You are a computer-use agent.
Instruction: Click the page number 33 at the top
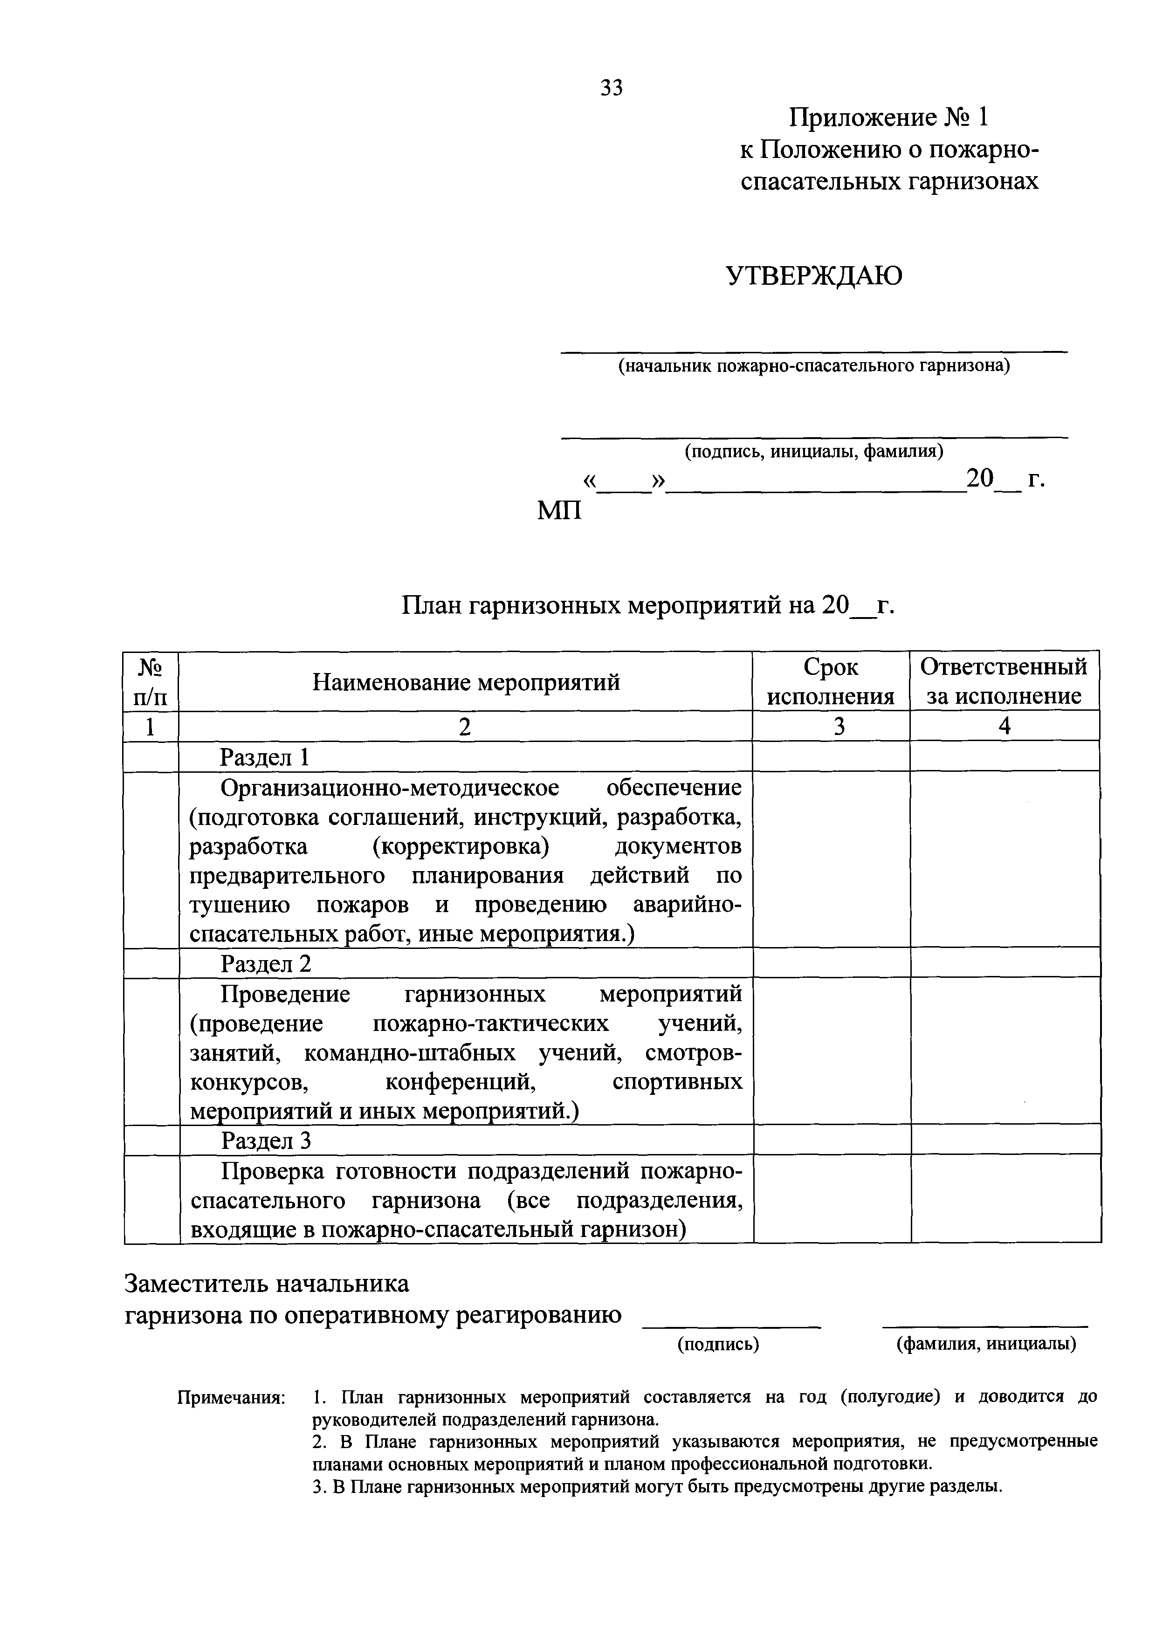click(611, 88)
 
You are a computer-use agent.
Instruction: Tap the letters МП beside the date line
click(559, 510)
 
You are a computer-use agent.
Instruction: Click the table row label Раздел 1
click(264, 757)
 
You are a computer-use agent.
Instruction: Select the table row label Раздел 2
click(266, 963)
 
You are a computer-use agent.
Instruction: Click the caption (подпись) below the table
click(718, 1344)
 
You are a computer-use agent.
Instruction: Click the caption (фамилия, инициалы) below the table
click(986, 1344)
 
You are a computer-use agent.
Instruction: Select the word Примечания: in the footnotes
click(231, 1397)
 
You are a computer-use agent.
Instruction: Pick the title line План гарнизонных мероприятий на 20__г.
click(647, 605)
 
